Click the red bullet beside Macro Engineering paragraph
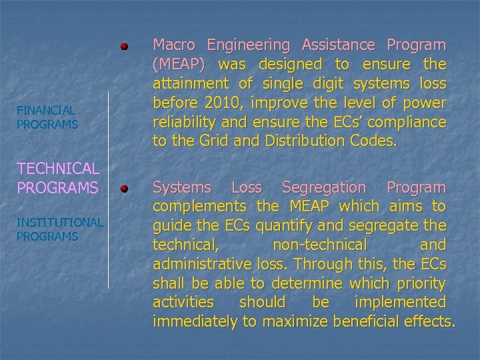(124, 47)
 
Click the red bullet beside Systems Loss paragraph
(124, 189)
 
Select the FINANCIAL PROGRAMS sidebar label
(47, 117)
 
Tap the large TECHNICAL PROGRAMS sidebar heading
(58, 178)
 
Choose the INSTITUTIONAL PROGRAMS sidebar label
(60, 229)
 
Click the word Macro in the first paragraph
(175, 45)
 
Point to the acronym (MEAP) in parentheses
(178, 65)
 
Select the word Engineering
(249, 46)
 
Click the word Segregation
(324, 188)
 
